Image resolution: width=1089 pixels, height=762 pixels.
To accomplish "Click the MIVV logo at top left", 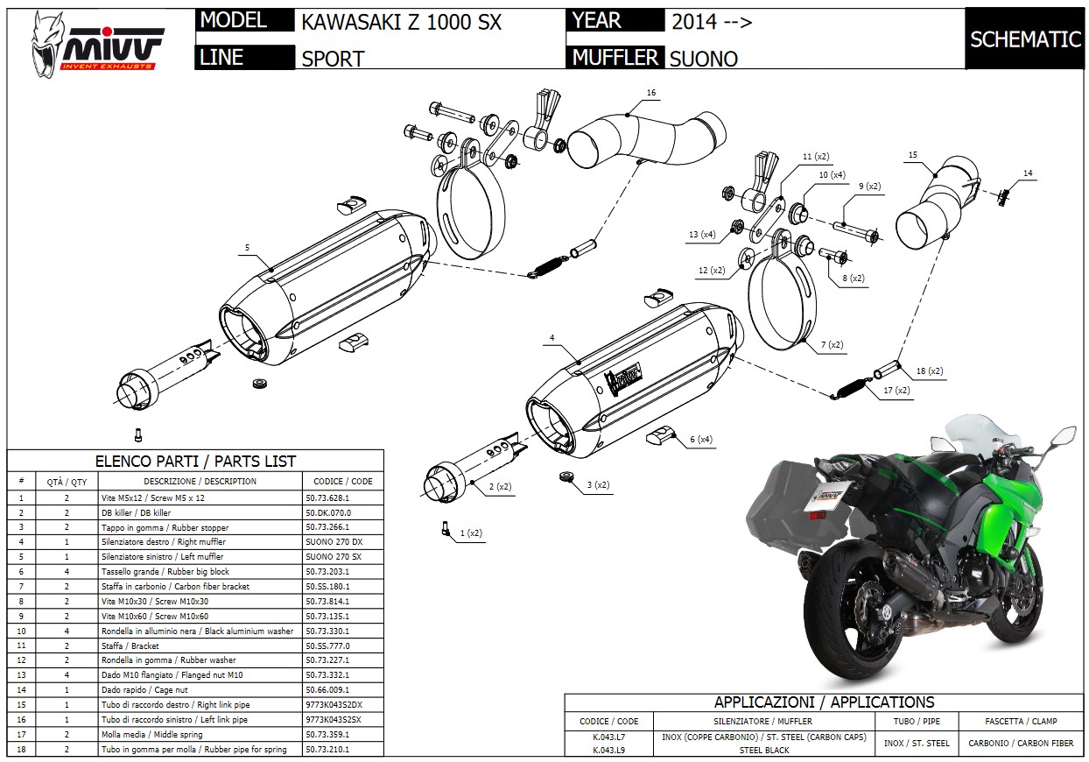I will coord(96,44).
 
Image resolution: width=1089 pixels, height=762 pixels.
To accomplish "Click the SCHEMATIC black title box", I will coord(1025,39).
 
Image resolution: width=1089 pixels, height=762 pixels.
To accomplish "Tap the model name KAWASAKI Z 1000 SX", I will coord(402,23).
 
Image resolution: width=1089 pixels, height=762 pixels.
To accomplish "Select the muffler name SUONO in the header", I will coord(703,59).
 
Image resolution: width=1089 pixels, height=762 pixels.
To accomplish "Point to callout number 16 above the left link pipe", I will coord(650,93).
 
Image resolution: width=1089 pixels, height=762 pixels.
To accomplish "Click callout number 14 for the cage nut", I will coord(1028,173).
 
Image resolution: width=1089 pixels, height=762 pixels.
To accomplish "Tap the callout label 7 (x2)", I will coord(832,346).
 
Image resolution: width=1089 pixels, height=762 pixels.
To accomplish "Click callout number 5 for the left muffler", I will coord(247,248).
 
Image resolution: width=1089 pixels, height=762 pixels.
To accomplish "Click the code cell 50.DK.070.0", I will coord(328,512).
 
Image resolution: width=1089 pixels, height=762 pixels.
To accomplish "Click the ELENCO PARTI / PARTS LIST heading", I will coord(195,461).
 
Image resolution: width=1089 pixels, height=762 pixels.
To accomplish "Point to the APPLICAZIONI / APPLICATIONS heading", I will coord(824,702).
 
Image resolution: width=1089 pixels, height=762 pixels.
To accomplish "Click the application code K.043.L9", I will coord(608,750).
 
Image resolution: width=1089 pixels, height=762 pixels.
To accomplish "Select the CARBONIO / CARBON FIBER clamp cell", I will coord(1021,744).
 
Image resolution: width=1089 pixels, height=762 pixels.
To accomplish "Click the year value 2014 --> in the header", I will coord(711,22).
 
